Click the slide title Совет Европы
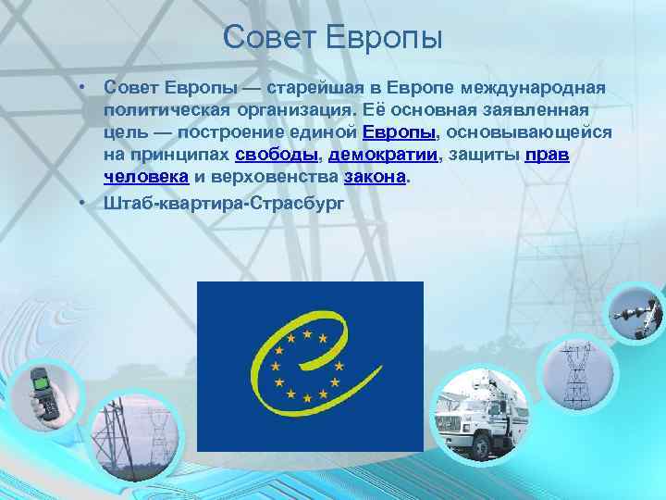pos(333,39)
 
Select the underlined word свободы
pos(276,155)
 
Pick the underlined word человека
pos(147,177)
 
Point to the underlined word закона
pos(375,177)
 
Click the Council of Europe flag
pos(310,366)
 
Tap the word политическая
pos(163,110)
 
